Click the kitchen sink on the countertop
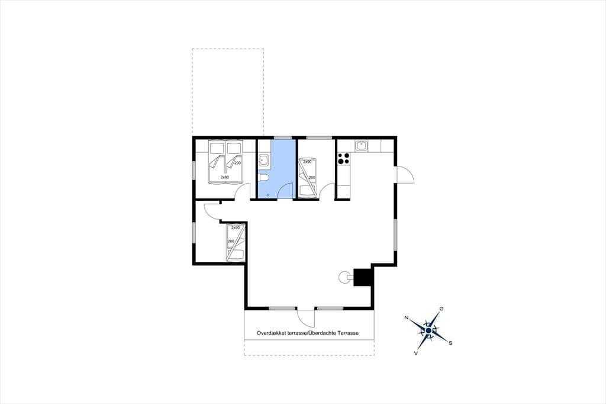click(x=362, y=146)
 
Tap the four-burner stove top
click(x=344, y=158)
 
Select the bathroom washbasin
click(x=265, y=160)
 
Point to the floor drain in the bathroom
click(x=267, y=195)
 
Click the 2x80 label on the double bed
click(x=224, y=177)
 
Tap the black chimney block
click(x=363, y=277)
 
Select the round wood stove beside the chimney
click(x=344, y=277)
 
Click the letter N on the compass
click(x=406, y=318)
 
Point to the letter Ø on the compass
click(x=441, y=309)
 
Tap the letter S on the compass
click(x=450, y=343)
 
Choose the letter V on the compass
click(x=416, y=353)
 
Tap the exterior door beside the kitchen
click(x=405, y=175)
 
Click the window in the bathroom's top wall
click(x=283, y=137)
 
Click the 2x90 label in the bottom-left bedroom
click(x=236, y=227)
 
